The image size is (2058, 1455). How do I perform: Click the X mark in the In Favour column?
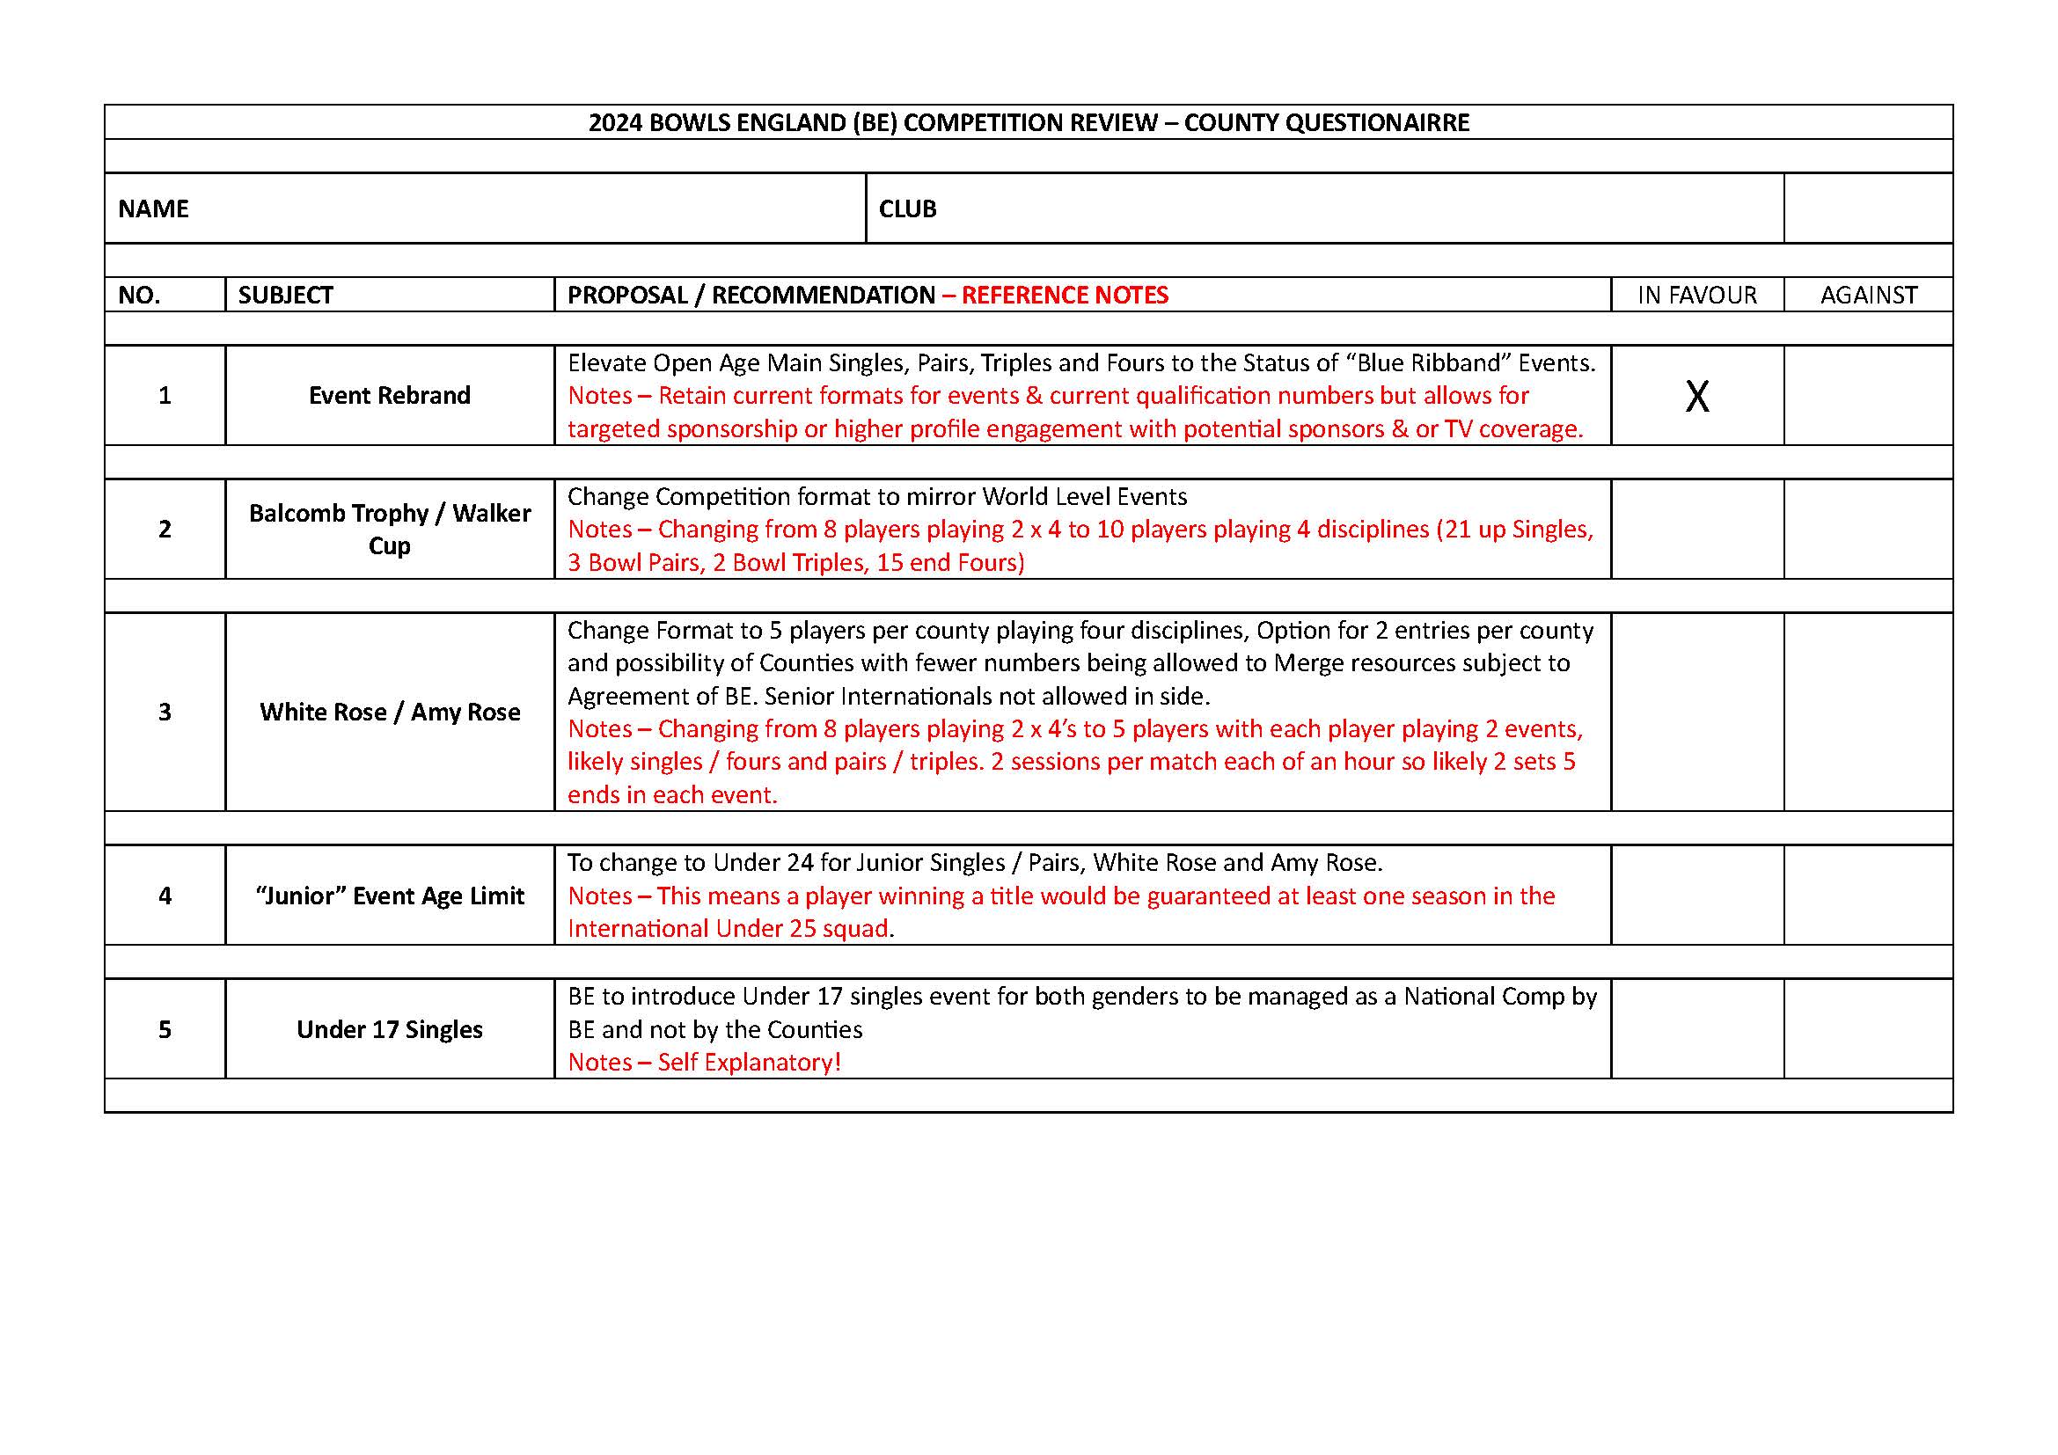1696,396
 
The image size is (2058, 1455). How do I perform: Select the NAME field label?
153,208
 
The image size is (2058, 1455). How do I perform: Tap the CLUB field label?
907,208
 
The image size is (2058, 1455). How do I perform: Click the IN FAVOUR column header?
1696,295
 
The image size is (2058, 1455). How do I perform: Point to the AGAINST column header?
1868,295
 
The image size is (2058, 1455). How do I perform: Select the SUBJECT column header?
285,295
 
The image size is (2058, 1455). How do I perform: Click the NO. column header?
139,295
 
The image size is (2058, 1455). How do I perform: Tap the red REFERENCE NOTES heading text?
1065,295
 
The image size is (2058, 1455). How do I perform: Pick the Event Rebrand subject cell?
389,395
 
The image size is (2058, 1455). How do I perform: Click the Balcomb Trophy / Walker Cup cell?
389,529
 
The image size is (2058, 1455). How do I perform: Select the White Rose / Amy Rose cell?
389,712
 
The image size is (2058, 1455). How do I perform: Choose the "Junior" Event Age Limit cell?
389,895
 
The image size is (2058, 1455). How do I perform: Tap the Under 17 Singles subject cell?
389,1029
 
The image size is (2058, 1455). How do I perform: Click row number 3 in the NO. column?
165,712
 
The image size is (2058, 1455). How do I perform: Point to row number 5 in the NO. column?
165,1029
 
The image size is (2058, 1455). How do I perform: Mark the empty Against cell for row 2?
1868,529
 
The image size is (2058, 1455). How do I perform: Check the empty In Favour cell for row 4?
1696,895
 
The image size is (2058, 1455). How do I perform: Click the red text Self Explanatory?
750,1062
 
